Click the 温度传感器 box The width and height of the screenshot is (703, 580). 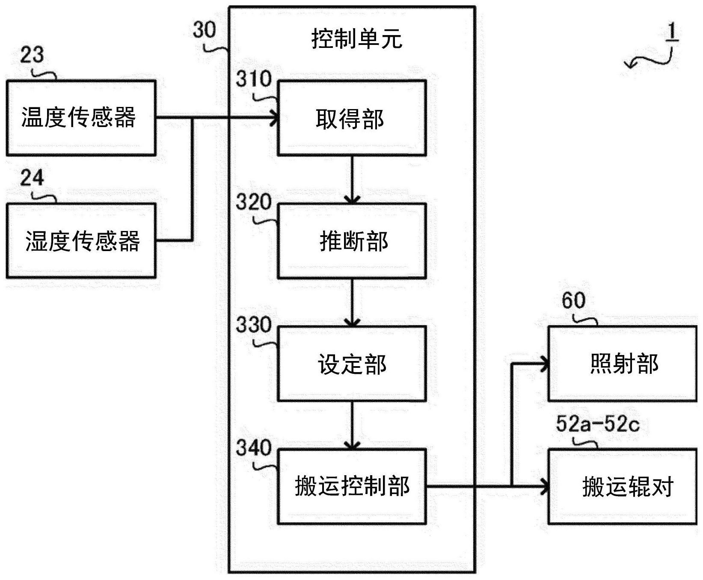(x=80, y=118)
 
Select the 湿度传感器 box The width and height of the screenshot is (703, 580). (x=80, y=240)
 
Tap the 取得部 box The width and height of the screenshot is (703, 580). (x=351, y=118)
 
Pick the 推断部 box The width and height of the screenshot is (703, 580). (x=351, y=241)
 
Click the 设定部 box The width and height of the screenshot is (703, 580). (x=351, y=364)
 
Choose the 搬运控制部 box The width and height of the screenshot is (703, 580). (x=351, y=486)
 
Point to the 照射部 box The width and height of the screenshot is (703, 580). (x=622, y=364)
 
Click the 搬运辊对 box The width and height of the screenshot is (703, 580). (x=622, y=486)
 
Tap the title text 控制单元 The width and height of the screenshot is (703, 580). (x=356, y=39)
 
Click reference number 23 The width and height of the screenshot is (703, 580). (x=32, y=55)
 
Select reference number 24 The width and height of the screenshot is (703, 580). (x=32, y=178)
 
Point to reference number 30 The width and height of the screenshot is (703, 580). (x=204, y=30)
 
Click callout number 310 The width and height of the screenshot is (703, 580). (x=254, y=80)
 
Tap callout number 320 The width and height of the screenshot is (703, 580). (x=254, y=202)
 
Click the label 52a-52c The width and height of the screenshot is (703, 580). (x=597, y=424)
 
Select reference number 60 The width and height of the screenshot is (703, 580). (x=573, y=301)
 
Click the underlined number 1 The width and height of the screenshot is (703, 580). (x=672, y=33)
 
